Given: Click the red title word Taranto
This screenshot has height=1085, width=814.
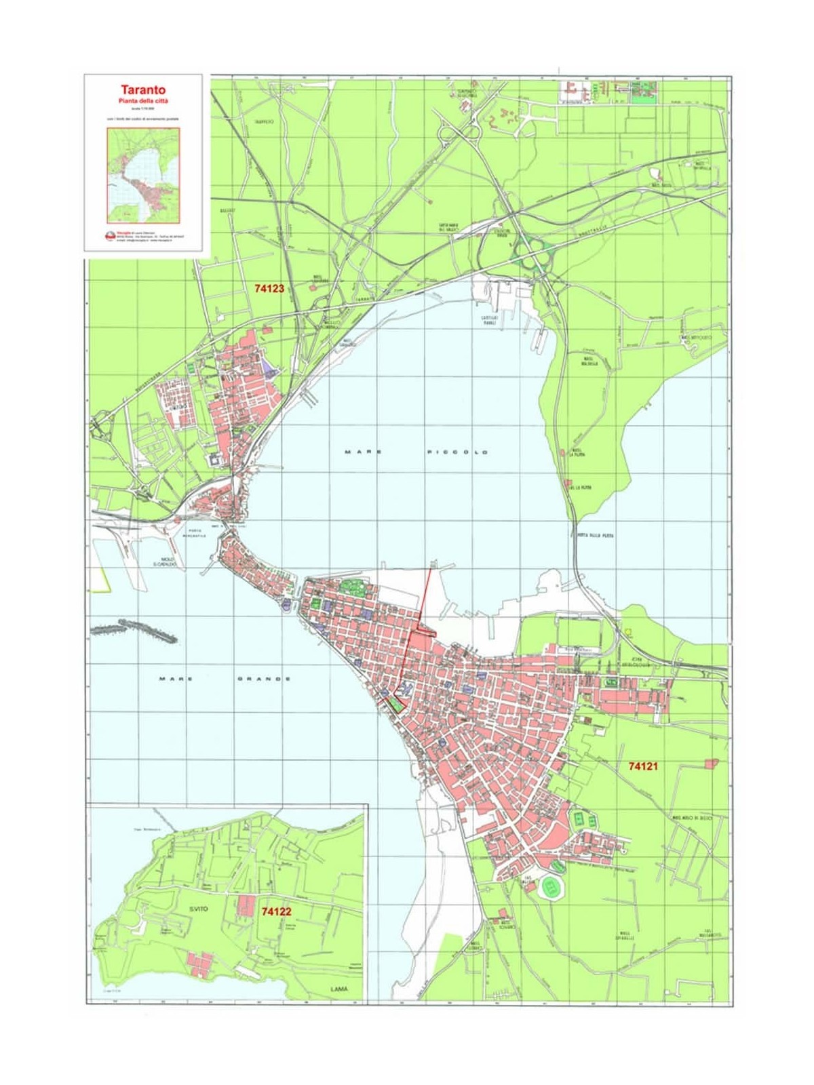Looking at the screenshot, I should point(143,90).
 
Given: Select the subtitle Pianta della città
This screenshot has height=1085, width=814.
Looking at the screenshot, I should point(143,100).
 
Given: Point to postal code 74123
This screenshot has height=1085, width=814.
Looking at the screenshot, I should point(269,288).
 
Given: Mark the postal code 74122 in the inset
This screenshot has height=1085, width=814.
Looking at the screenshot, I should point(276,912).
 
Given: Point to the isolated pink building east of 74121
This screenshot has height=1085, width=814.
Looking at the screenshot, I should point(711,764).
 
